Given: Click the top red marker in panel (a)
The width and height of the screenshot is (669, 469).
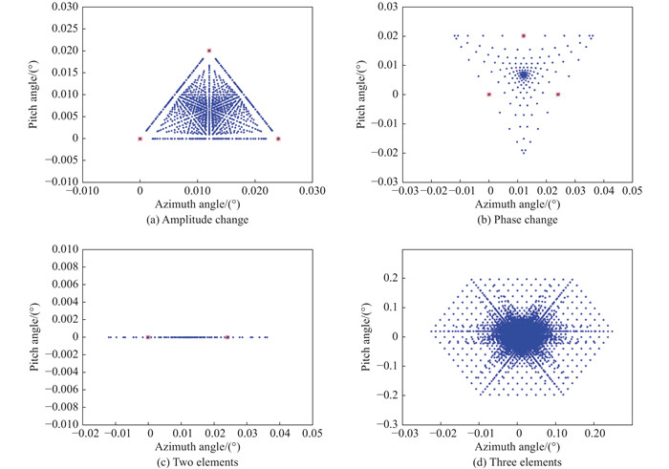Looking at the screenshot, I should coord(209,50).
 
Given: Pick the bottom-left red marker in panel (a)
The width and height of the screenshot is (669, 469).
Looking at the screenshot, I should coord(140,139).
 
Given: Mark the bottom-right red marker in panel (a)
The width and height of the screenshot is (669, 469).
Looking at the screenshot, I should coord(278,139).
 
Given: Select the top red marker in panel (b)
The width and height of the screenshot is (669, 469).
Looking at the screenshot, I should coord(524,35).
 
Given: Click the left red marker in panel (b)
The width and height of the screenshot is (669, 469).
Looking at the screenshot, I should coord(489,95).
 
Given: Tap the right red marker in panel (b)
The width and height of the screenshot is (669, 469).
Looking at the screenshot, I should coord(558,95).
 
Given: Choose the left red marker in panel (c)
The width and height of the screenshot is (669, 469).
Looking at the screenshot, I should coord(148,337).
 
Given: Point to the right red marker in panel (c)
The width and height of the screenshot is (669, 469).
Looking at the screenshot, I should coord(227,337).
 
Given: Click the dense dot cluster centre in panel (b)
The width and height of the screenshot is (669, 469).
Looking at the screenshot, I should coord(523,74).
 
